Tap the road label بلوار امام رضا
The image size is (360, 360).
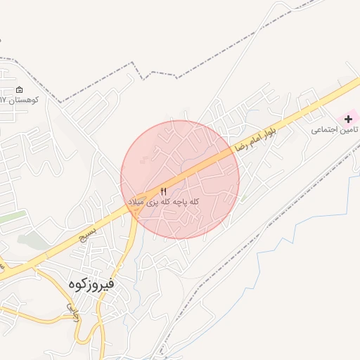(x=255, y=134)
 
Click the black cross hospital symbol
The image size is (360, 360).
(x=347, y=119)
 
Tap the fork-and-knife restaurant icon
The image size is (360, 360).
(x=164, y=191)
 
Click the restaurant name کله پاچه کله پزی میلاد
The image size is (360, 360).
(x=164, y=202)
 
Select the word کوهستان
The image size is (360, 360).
(x=27, y=100)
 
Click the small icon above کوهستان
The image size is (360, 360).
(x=18, y=89)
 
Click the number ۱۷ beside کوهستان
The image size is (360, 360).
(x=4, y=100)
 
